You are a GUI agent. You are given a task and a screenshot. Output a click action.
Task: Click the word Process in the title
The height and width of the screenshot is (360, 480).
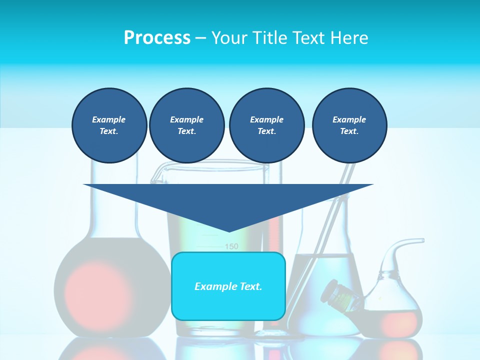pyautogui.click(x=157, y=38)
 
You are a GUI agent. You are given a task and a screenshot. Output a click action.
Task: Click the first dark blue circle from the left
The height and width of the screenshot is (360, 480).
pyautogui.click(x=109, y=125)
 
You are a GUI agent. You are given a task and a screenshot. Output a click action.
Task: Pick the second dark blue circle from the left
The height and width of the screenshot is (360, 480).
pyautogui.click(x=186, y=125)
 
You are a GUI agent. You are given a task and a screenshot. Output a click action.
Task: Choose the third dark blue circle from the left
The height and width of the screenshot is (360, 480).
pyautogui.click(x=266, y=125)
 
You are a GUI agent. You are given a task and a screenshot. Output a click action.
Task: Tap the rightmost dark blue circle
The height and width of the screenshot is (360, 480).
pyautogui.click(x=349, y=125)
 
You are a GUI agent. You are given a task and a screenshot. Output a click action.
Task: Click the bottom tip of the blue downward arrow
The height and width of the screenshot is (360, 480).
pyautogui.click(x=229, y=230)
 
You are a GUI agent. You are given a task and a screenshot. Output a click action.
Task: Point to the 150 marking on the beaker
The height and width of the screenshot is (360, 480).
pyautogui.click(x=231, y=246)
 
